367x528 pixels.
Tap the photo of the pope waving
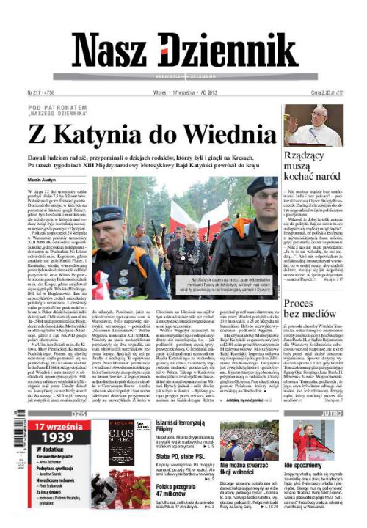click(313, 125)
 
